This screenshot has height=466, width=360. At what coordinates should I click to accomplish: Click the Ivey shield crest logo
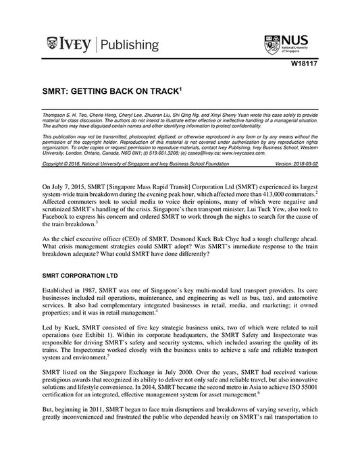pos(53,45)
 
